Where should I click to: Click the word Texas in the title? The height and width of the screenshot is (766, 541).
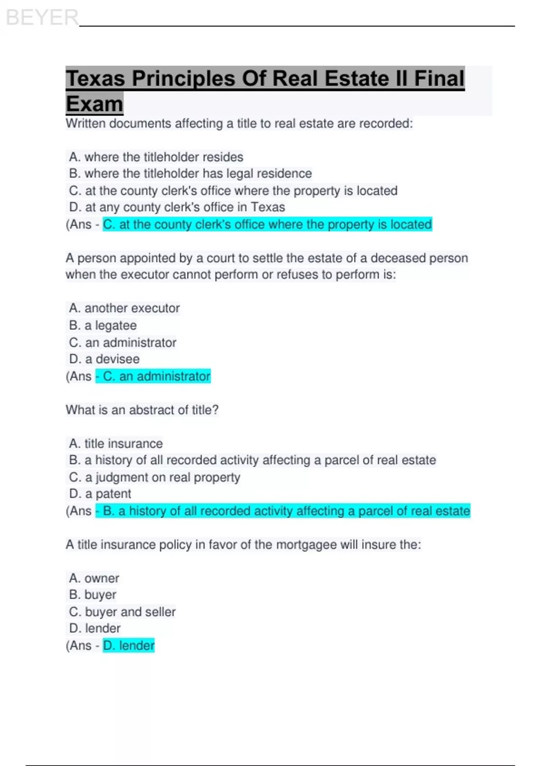(x=96, y=78)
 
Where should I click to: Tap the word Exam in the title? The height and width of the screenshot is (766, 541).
(x=94, y=104)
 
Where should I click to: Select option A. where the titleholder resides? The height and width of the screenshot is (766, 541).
(x=156, y=157)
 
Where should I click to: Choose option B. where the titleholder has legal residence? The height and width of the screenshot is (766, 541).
(x=190, y=173)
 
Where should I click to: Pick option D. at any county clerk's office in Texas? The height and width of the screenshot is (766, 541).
(x=177, y=207)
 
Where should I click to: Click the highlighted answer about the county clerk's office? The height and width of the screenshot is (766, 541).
(x=267, y=224)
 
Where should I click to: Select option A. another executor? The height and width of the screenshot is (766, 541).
(x=124, y=308)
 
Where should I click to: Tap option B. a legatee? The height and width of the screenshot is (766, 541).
(x=103, y=325)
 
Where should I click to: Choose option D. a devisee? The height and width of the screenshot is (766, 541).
(x=104, y=359)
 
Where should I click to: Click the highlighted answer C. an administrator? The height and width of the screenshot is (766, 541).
(x=153, y=376)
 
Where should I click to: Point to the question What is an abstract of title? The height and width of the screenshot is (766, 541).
(x=142, y=410)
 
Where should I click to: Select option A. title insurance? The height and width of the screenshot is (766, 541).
(x=116, y=444)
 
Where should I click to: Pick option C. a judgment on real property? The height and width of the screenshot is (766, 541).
(x=155, y=477)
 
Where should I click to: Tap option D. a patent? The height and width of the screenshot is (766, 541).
(x=100, y=494)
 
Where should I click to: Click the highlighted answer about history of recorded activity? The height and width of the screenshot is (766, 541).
(x=283, y=511)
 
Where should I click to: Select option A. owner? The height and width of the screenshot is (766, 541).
(x=94, y=578)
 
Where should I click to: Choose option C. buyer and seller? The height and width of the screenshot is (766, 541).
(x=122, y=612)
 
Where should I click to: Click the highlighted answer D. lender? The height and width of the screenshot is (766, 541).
(x=129, y=646)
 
